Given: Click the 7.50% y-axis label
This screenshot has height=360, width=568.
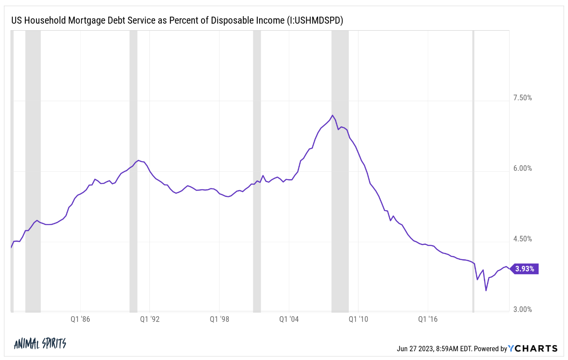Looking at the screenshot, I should click(522, 98).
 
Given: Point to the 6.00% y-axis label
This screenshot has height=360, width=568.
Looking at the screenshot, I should click(522, 169).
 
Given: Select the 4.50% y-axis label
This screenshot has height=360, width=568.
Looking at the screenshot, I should click(522, 239).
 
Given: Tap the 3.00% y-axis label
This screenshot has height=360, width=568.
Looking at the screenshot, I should click(522, 310).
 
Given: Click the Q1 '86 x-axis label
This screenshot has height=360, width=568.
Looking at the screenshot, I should click(80, 320).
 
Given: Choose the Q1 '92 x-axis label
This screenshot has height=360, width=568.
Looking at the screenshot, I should click(150, 320).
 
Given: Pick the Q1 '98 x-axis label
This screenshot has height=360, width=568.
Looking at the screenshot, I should click(219, 320).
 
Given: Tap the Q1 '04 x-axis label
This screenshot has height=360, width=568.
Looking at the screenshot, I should click(289, 320).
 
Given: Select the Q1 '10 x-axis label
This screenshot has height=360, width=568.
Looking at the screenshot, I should click(359, 320).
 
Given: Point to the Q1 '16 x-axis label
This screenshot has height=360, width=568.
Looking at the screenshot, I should click(428, 320).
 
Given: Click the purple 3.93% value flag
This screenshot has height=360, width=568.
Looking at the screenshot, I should click(525, 269).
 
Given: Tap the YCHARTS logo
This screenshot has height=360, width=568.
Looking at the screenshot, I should click(533, 349).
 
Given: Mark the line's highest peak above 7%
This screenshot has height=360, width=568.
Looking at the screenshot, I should click(333, 115).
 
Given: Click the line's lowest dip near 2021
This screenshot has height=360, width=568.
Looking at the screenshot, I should click(486, 290).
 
